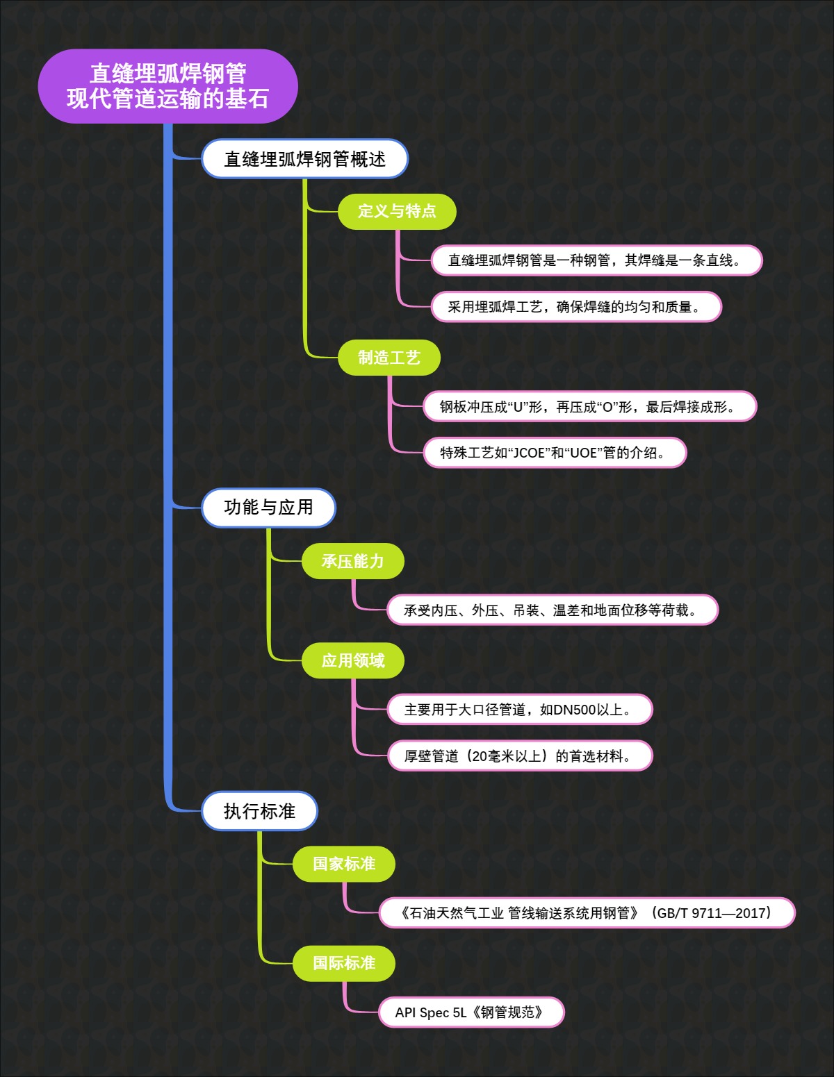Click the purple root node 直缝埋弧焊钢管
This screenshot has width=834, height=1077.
point(167,86)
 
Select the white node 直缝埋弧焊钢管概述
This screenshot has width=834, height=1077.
point(304,159)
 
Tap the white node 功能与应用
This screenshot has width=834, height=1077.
point(268,508)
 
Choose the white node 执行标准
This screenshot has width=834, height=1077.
point(259,811)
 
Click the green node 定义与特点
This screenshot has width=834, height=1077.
point(397,211)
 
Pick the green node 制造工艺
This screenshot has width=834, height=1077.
point(389,358)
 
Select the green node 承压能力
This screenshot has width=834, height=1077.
point(352,561)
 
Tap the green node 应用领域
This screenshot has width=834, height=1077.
point(352,660)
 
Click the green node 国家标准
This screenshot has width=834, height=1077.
point(343,864)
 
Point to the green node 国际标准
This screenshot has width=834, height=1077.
point(343,963)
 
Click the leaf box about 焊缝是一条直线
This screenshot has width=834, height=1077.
point(596,260)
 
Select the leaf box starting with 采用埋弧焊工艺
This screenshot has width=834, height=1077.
point(576,307)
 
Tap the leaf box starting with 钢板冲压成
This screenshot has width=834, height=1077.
point(589,407)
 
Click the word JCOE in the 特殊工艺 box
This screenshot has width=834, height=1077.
point(529,453)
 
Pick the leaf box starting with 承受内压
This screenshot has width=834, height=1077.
point(552,610)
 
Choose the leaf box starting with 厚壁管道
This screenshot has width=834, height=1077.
point(519,756)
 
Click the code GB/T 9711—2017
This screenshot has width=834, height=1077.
point(710,913)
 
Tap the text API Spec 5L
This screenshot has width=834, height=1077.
point(431,1012)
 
